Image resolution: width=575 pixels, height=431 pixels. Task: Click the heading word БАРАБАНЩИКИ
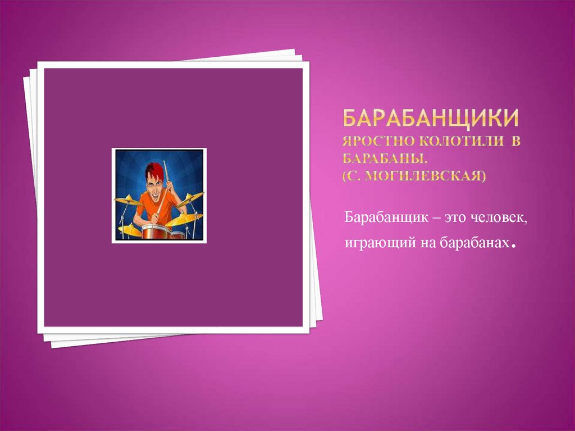pyautogui.click(x=430, y=119)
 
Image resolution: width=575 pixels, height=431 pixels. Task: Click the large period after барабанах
pyautogui.click(x=513, y=246)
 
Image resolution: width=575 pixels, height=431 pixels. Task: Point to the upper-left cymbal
pyautogui.click(x=127, y=200)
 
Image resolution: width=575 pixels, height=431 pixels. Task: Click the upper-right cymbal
pyautogui.click(x=191, y=197)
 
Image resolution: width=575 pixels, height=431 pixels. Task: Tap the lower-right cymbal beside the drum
pyautogui.click(x=184, y=219)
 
